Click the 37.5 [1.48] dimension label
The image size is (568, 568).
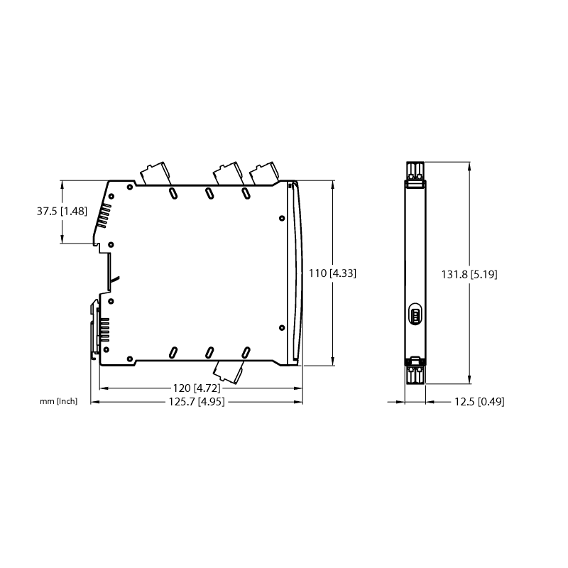coord(62,211)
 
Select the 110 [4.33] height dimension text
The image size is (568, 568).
coord(332,273)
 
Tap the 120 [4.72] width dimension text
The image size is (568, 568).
coord(197,388)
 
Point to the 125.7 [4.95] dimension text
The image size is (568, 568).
coord(197,401)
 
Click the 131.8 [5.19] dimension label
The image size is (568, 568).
coord(469,274)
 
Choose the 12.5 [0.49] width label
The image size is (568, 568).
coord(479,401)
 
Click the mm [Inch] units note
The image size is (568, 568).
coord(59,401)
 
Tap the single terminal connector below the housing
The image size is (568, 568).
coord(228,372)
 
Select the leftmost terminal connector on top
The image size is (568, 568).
coord(155,173)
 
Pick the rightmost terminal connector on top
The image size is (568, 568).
coord(264,173)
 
